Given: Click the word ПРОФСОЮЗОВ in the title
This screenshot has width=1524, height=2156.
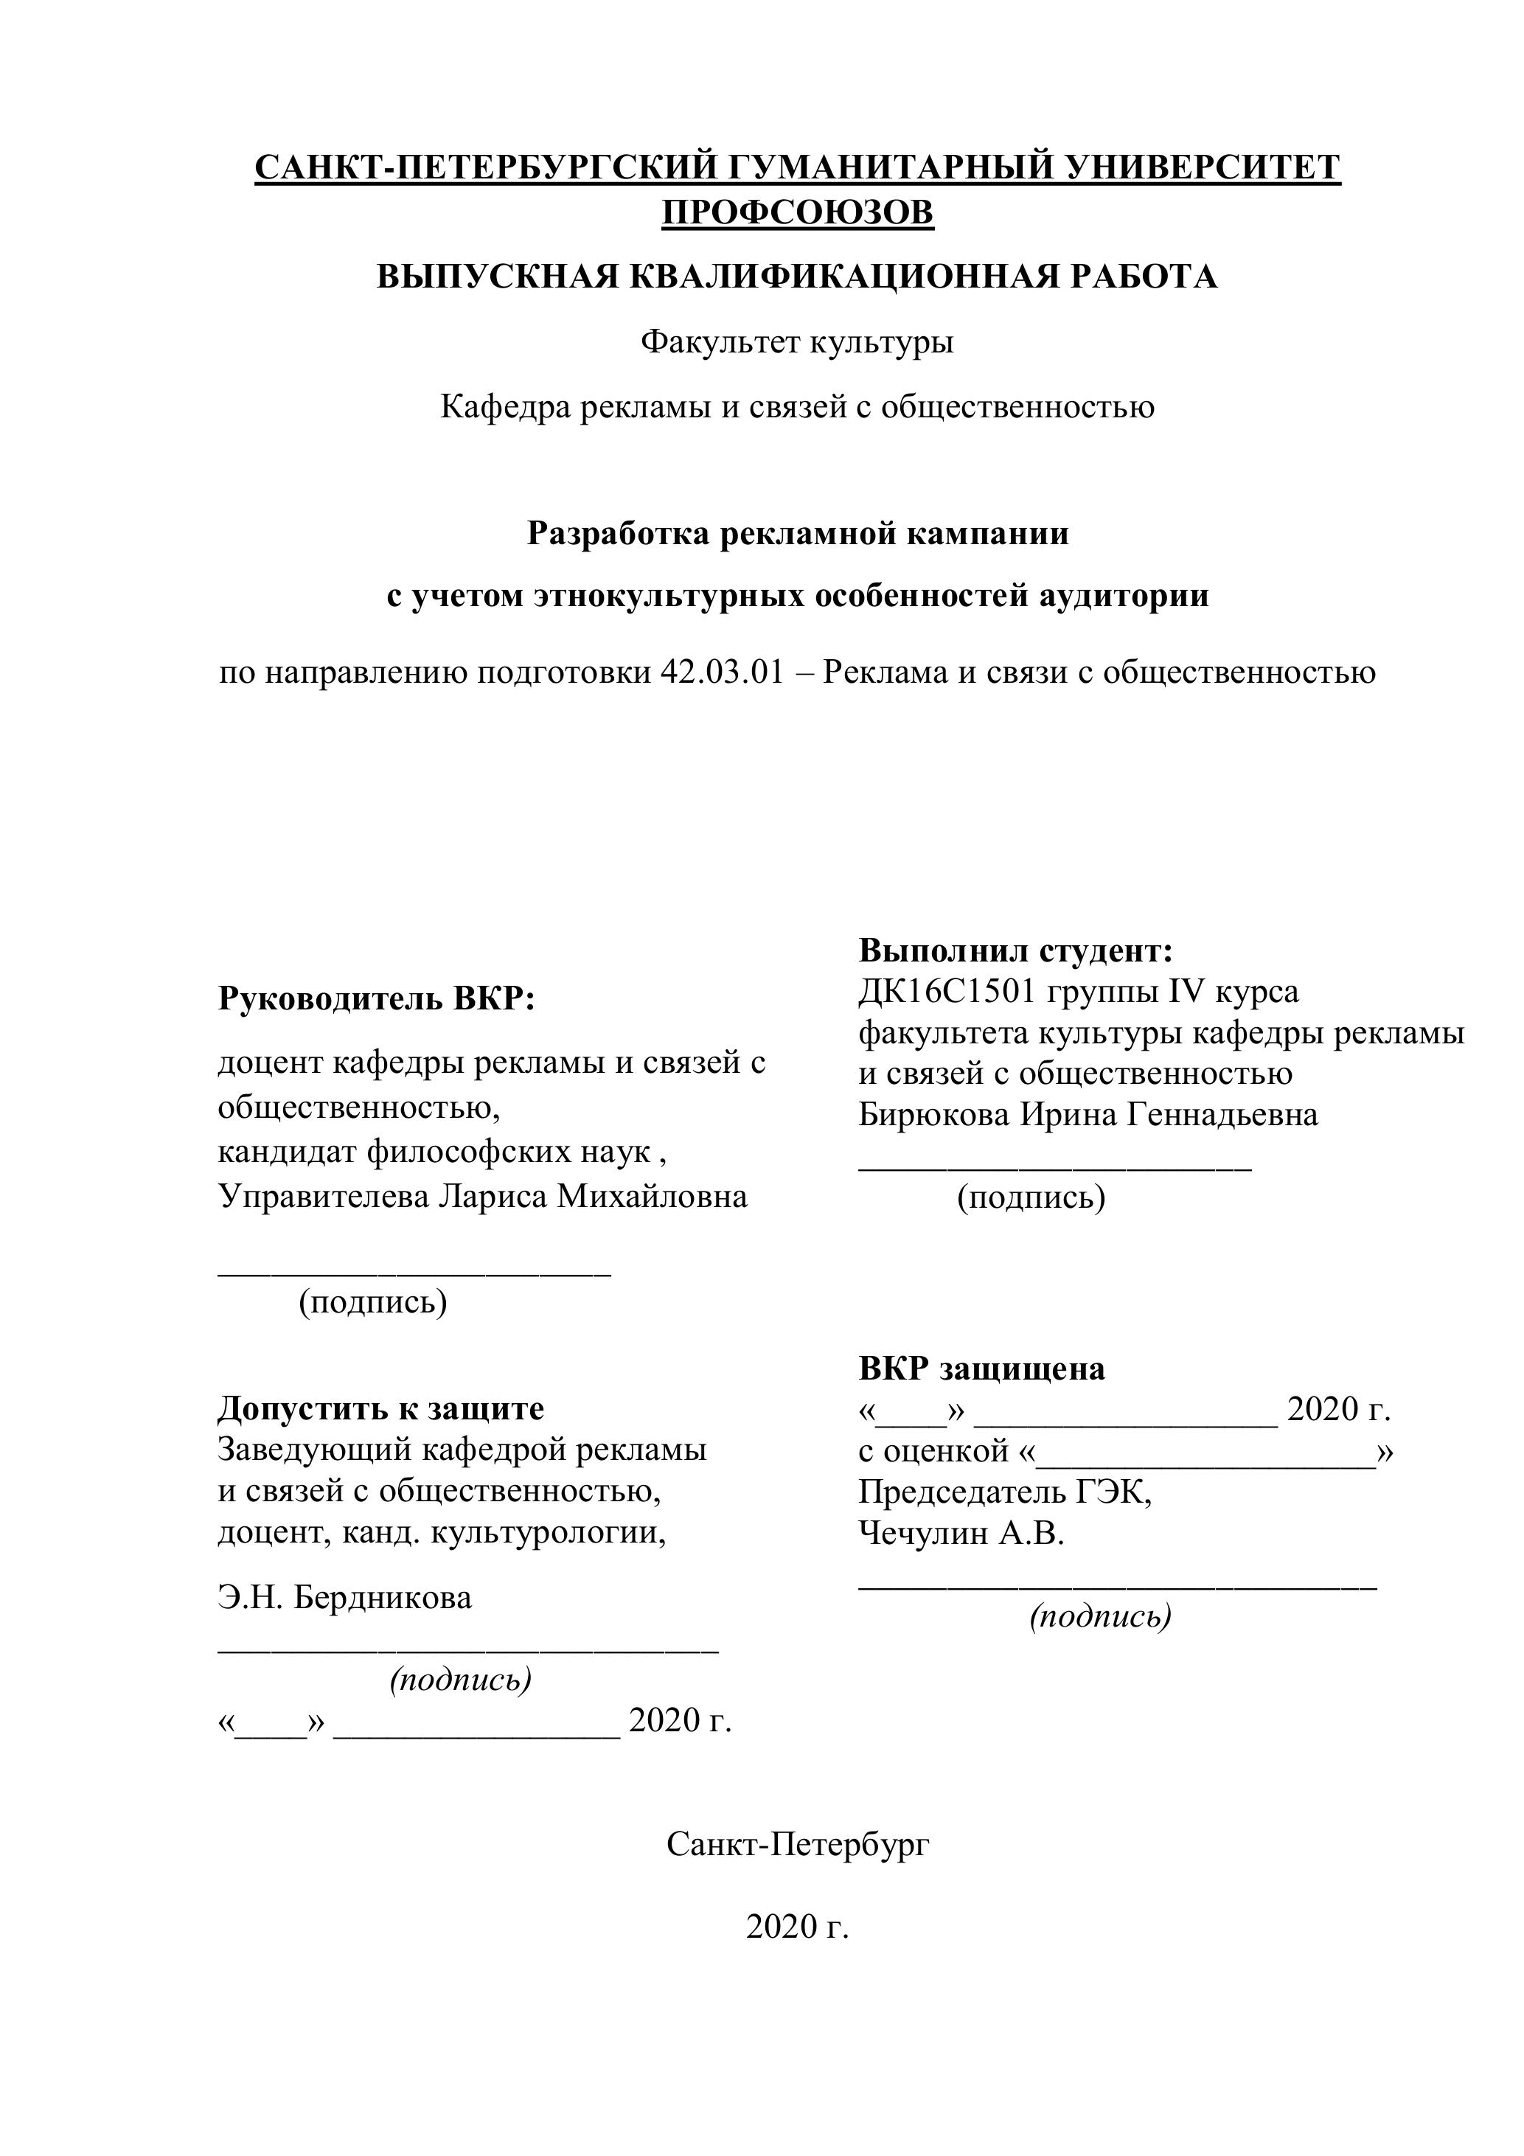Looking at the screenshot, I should coord(797,213).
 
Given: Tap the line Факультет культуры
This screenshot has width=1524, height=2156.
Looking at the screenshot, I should coord(797,342).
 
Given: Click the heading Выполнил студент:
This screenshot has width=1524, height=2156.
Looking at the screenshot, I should coord(1016,950).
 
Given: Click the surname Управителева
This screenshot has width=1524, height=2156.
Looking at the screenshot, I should coord(323,1196).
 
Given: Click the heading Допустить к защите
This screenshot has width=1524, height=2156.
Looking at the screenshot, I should coord(381,1408).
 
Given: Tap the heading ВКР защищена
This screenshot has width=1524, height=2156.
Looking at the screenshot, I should coord(981,1369).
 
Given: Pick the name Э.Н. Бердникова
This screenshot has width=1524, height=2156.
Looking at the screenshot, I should coord(344,1597).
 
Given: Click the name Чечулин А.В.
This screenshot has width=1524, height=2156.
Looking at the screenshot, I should coord(961,1534).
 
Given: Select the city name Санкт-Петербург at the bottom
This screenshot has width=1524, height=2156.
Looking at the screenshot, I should coord(797,1845).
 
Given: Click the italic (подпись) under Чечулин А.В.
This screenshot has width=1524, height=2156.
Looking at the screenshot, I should coord(1101,1616).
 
